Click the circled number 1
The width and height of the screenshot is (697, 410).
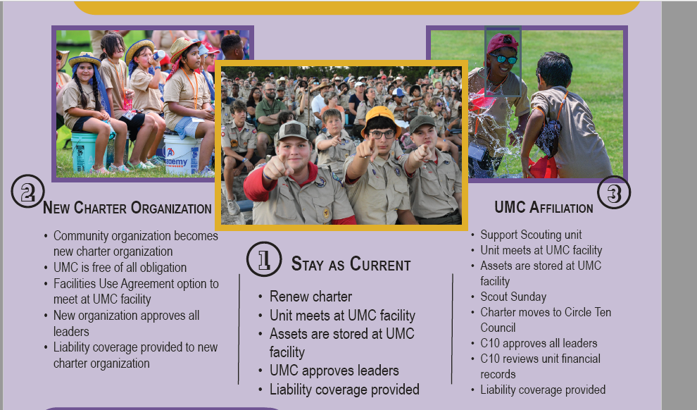[264, 259]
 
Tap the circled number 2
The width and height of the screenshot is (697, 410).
[27, 191]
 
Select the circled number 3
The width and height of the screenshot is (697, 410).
[614, 192]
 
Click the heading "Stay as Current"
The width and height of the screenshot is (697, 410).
[351, 264]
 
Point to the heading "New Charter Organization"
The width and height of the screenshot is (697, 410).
[127, 208]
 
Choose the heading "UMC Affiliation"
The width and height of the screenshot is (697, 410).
[544, 207]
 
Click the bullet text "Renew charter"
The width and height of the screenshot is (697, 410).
[310, 296]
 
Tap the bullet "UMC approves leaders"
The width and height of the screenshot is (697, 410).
[334, 371]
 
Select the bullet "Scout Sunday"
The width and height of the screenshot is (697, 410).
[513, 297]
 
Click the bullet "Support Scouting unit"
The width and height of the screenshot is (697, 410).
[531, 235]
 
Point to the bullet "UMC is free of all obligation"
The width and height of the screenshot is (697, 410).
[120, 268]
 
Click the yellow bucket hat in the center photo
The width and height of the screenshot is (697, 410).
[380, 119]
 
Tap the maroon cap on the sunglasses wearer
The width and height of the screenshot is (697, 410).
[502, 43]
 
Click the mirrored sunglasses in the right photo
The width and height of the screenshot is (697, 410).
[503, 58]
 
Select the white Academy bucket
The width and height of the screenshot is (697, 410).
[182, 154]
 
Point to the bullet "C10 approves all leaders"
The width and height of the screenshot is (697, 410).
[539, 343]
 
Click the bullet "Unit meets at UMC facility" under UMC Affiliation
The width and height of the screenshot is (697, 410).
[541, 250]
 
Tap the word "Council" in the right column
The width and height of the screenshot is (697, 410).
[498, 328]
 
